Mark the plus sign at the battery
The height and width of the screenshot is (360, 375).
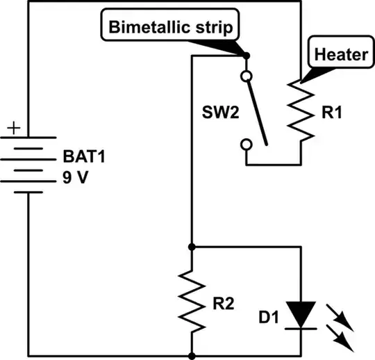13,129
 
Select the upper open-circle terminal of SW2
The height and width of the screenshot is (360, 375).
246,76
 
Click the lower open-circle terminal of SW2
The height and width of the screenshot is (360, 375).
246,144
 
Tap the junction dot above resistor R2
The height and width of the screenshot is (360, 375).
190,246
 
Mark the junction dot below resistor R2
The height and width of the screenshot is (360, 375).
190,356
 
